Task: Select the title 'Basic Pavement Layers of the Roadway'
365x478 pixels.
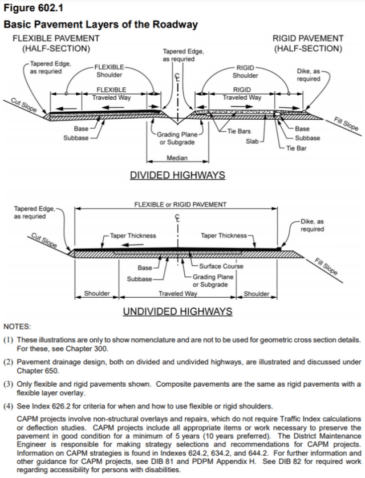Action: pyautogui.click(x=100, y=25)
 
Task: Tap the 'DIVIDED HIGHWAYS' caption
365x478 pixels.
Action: pyautogui.click(x=177, y=175)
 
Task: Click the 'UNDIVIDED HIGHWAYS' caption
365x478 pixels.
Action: pyautogui.click(x=177, y=311)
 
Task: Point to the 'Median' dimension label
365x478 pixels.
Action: pyautogui.click(x=177, y=158)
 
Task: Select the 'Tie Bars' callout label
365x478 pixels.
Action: pyautogui.click(x=239, y=131)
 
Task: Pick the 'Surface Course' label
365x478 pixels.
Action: pyautogui.click(x=221, y=266)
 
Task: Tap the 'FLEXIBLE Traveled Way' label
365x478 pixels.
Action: pyautogui.click(x=111, y=94)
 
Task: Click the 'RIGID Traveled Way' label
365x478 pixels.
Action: pyautogui.click(x=242, y=94)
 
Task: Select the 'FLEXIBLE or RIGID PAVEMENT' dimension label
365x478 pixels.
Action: pyautogui.click(x=180, y=204)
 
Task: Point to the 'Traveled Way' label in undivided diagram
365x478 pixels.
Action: pyautogui.click(x=177, y=294)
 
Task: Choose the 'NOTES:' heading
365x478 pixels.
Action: pyautogui.click(x=17, y=327)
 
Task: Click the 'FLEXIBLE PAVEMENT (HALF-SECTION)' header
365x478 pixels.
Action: pyautogui.click(x=56, y=43)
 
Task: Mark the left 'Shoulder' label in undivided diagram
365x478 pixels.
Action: pyautogui.click(x=97, y=294)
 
